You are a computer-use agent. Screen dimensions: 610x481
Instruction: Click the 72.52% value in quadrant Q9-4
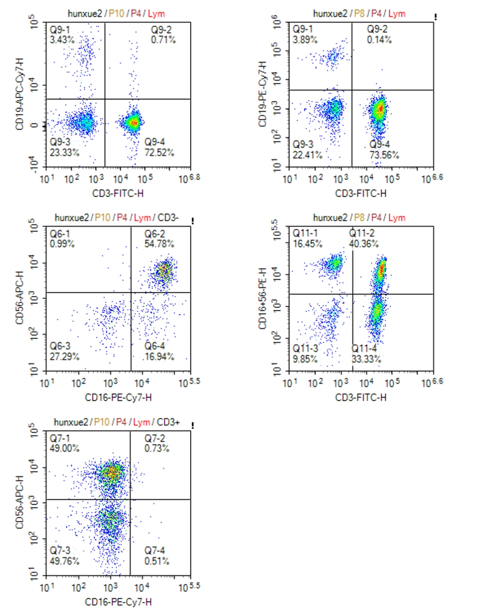pos(159,152)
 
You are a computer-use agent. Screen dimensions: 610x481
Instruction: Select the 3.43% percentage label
pos(62,40)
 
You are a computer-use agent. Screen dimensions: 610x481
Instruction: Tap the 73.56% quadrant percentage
pos(384,155)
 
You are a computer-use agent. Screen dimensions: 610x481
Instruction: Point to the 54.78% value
pos(159,244)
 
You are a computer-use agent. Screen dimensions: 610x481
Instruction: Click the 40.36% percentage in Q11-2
pos(363,244)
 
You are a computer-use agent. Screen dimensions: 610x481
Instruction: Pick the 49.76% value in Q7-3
pos(65,561)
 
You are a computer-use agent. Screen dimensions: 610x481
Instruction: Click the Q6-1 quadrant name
pos(60,234)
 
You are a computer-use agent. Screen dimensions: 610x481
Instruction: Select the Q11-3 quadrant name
pos(305,348)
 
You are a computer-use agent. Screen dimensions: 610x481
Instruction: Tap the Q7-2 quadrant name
pos(154,438)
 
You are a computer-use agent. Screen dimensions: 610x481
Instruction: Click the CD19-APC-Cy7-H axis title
pos(19,94)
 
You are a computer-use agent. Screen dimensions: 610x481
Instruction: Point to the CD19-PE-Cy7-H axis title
pos(262,94)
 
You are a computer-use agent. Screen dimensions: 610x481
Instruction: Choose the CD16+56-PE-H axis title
pos(262,299)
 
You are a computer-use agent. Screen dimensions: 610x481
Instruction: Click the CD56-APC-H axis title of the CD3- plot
pos(19,298)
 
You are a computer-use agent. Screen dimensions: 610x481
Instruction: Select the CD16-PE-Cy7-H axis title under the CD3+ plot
pos(118,602)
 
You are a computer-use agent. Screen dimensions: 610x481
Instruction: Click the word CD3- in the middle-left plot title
pos(168,217)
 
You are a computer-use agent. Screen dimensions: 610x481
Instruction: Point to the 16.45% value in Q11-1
pos(307,244)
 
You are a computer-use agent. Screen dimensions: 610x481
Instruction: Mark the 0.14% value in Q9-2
pos(379,40)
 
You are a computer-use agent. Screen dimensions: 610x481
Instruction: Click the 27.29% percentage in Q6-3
pos(65,356)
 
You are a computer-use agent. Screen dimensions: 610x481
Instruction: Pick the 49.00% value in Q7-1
pos(65,448)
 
